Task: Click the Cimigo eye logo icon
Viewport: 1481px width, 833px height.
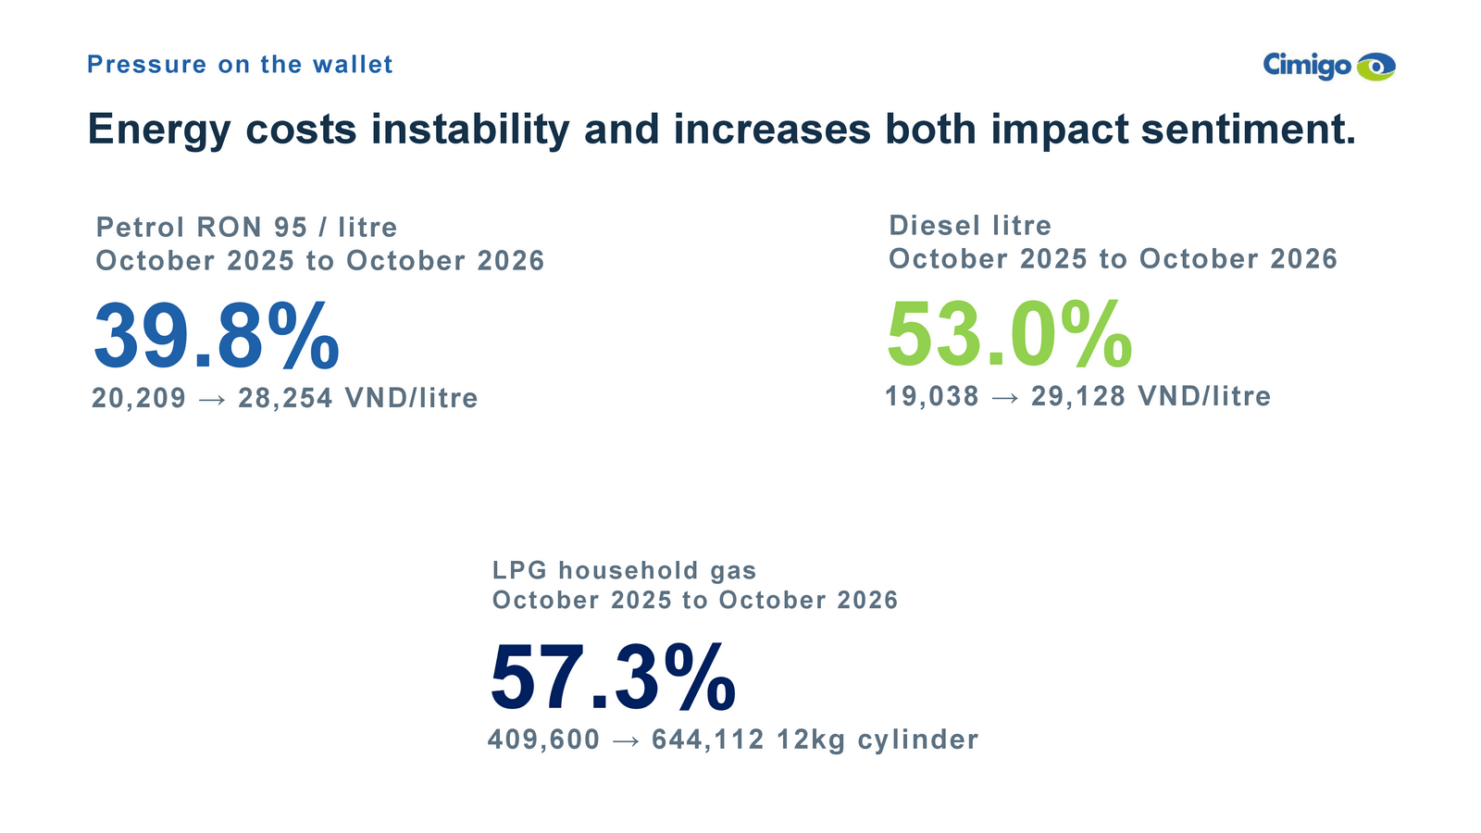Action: click(x=1375, y=66)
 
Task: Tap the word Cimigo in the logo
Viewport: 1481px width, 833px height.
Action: click(x=1307, y=66)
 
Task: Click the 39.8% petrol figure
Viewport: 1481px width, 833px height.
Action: click(x=217, y=335)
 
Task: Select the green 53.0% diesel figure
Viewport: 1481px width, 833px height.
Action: click(x=1010, y=334)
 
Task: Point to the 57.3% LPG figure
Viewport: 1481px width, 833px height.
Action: click(x=613, y=678)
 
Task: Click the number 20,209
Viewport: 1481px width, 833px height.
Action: click(x=139, y=398)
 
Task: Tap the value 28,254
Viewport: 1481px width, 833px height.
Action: click(x=286, y=398)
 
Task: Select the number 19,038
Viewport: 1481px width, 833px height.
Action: click(x=932, y=396)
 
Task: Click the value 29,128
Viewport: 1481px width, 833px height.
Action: click(x=1078, y=396)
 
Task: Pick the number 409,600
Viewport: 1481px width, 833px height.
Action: click(x=544, y=740)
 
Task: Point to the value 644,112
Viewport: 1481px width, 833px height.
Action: click(x=708, y=740)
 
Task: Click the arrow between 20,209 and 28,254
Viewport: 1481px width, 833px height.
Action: click(x=212, y=400)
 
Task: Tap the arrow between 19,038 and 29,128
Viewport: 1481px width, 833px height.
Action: click(x=1005, y=398)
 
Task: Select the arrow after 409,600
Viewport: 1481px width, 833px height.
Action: click(x=626, y=741)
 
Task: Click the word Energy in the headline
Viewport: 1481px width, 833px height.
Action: click(x=159, y=131)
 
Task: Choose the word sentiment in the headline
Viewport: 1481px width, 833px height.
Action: click(x=1249, y=129)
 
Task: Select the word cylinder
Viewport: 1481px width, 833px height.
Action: click(x=918, y=740)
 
